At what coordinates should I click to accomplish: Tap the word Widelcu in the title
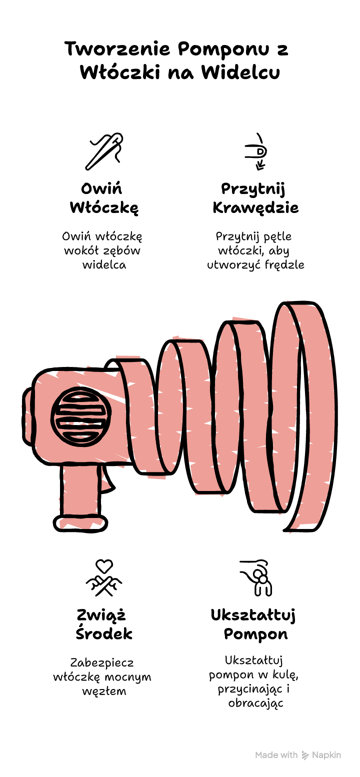click(x=240, y=72)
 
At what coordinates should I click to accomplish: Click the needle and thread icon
click(x=104, y=151)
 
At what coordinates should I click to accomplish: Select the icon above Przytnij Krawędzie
click(x=256, y=151)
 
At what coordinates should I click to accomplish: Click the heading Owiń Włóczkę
click(x=104, y=198)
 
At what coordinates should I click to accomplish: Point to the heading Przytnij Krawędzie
click(x=255, y=198)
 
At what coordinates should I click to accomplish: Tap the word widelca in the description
click(x=104, y=265)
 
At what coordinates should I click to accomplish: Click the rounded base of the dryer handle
click(x=80, y=523)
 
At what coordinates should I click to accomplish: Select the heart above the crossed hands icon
click(x=104, y=566)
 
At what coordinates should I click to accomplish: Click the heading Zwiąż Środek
click(x=104, y=624)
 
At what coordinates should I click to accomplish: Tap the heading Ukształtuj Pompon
click(x=253, y=624)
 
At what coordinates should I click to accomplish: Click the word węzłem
click(x=104, y=691)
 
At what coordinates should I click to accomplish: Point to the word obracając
click(x=255, y=703)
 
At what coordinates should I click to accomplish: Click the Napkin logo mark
click(x=305, y=755)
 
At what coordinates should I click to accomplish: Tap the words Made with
click(x=276, y=755)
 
